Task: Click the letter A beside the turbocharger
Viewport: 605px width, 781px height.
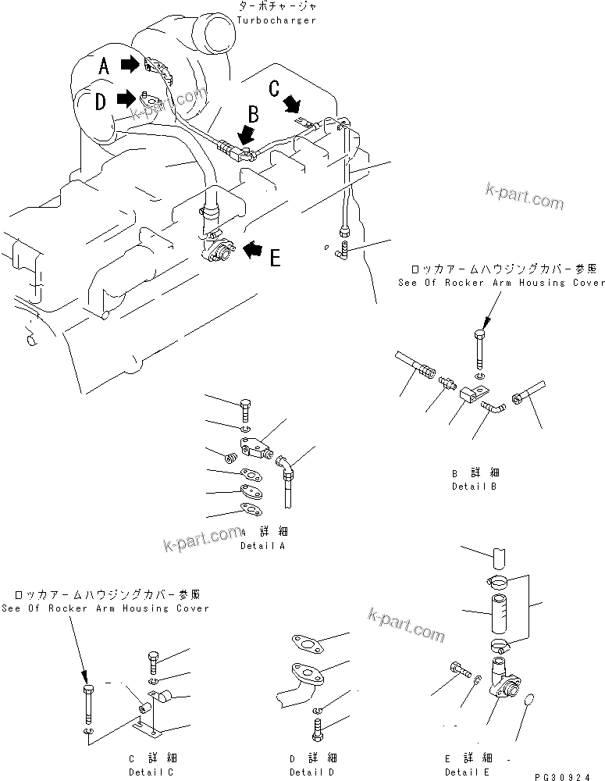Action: tap(104, 67)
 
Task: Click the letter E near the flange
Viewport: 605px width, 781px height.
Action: tap(275, 257)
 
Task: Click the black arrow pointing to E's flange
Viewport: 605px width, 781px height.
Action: tap(252, 249)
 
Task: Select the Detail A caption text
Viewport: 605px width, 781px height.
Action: tap(262, 546)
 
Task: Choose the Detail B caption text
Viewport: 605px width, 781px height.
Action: tap(474, 486)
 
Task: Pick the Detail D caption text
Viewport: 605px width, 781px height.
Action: tap(311, 771)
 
